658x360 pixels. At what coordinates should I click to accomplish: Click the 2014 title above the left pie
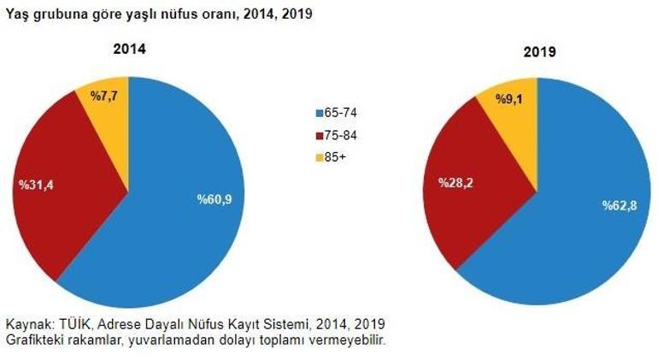tap(130, 49)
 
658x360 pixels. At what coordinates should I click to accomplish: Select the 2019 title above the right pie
tap(540, 52)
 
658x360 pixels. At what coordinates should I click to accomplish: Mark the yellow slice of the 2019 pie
tap(517, 115)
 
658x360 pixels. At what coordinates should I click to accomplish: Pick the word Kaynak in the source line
tap(27, 324)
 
